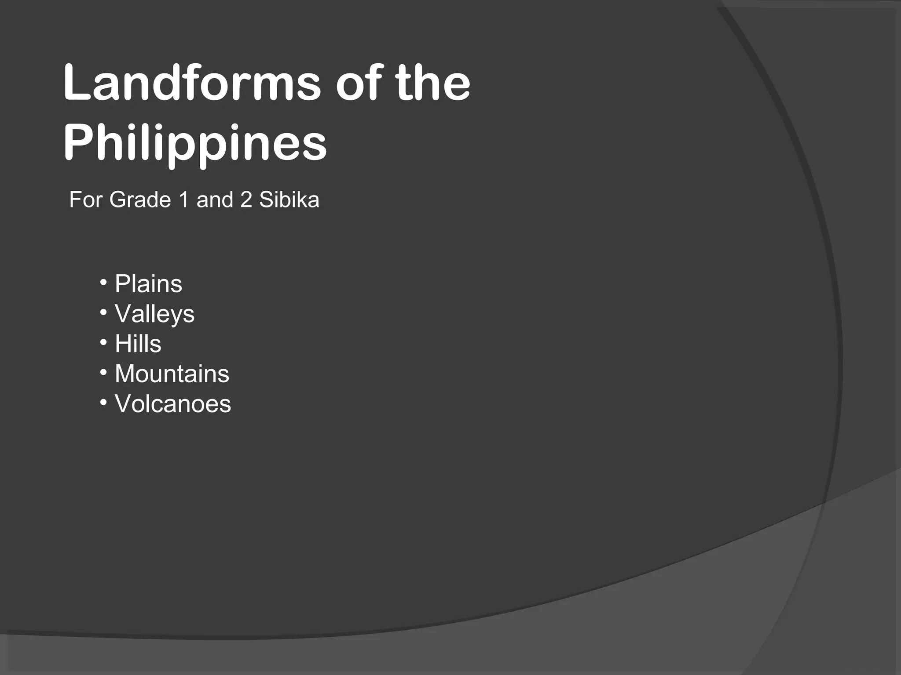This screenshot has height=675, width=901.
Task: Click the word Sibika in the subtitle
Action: pyautogui.click(x=289, y=200)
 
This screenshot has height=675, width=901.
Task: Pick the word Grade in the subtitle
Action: pyautogui.click(x=140, y=200)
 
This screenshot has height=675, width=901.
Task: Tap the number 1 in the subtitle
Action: pyautogui.click(x=184, y=200)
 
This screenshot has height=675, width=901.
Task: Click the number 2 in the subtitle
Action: pyautogui.click(x=246, y=200)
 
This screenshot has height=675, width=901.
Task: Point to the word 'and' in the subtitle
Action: pyautogui.click(x=215, y=200)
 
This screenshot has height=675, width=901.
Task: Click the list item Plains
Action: pyautogui.click(x=148, y=284)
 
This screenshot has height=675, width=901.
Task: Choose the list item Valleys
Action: pyautogui.click(x=154, y=314)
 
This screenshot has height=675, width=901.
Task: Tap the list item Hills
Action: pyautogui.click(x=138, y=344)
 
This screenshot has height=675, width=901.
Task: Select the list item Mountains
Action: pyautogui.click(x=172, y=374)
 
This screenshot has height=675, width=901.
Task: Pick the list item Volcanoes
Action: pyautogui.click(x=172, y=404)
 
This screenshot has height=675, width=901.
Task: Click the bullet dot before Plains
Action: pyautogui.click(x=103, y=282)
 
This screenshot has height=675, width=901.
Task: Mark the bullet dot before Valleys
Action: pyautogui.click(x=103, y=312)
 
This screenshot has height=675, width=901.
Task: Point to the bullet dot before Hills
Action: pyautogui.click(x=103, y=342)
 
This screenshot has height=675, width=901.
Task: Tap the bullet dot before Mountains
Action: pyautogui.click(x=103, y=373)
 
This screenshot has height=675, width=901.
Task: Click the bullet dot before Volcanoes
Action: pyautogui.click(x=103, y=403)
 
